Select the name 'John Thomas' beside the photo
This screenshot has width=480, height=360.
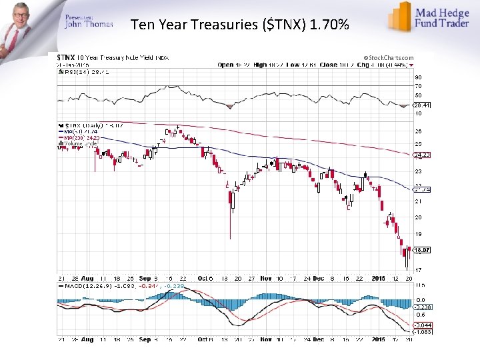click(x=89, y=25)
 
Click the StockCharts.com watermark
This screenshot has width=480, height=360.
click(x=389, y=58)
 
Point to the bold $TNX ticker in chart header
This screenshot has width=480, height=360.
click(x=66, y=58)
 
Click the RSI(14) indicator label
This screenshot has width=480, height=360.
click(x=73, y=70)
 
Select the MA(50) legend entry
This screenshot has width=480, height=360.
click(x=77, y=132)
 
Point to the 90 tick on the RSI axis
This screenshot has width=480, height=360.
click(x=419, y=77)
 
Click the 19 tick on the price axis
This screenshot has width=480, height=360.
click(x=419, y=234)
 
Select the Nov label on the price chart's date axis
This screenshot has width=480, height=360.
click(x=265, y=278)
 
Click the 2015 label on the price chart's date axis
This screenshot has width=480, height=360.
click(x=378, y=278)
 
